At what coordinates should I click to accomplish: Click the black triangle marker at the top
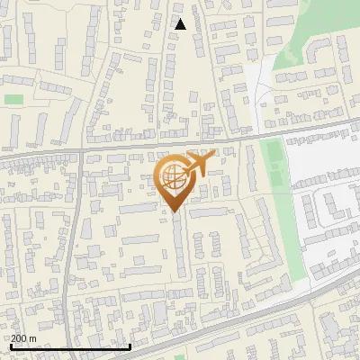181,24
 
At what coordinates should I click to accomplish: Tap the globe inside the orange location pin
173,176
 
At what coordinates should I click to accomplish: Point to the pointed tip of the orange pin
174,211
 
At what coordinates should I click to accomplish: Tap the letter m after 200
33,338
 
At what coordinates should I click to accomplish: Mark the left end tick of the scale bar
11,346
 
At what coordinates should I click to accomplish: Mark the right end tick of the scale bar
130,346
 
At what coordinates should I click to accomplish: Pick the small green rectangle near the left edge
13,99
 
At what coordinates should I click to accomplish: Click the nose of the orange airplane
214,156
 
